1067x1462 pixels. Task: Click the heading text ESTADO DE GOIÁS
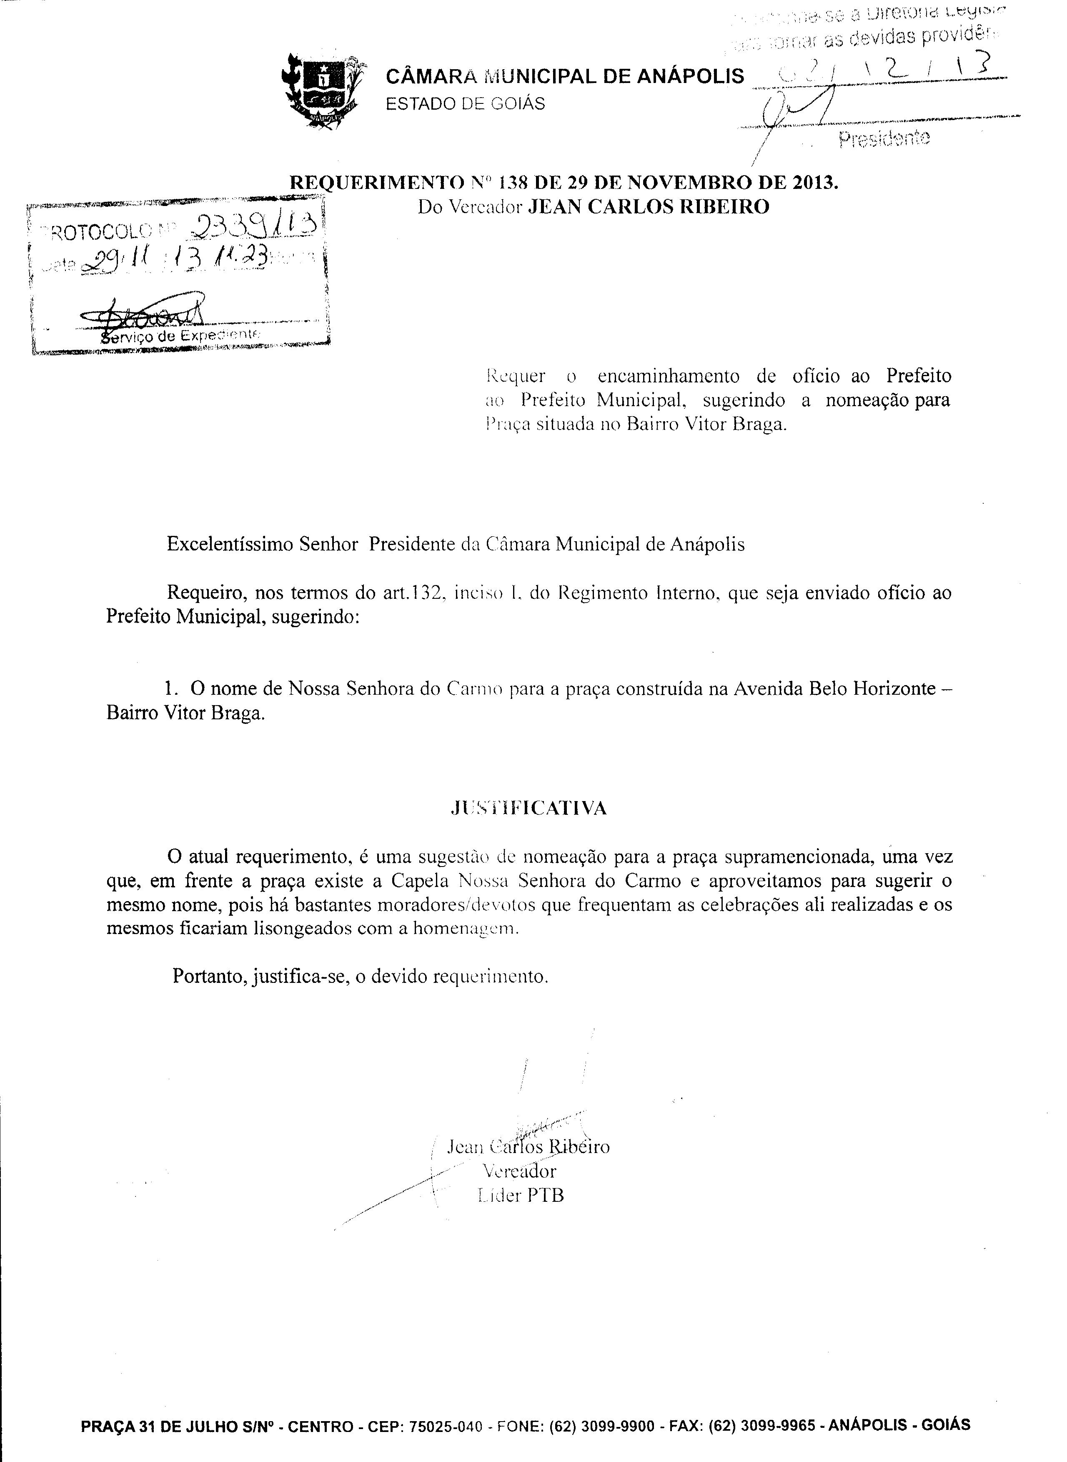(x=465, y=103)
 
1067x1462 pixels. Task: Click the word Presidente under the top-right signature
(x=884, y=138)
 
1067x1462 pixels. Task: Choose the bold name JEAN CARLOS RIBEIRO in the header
(x=649, y=207)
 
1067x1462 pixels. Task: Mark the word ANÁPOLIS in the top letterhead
(x=691, y=77)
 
